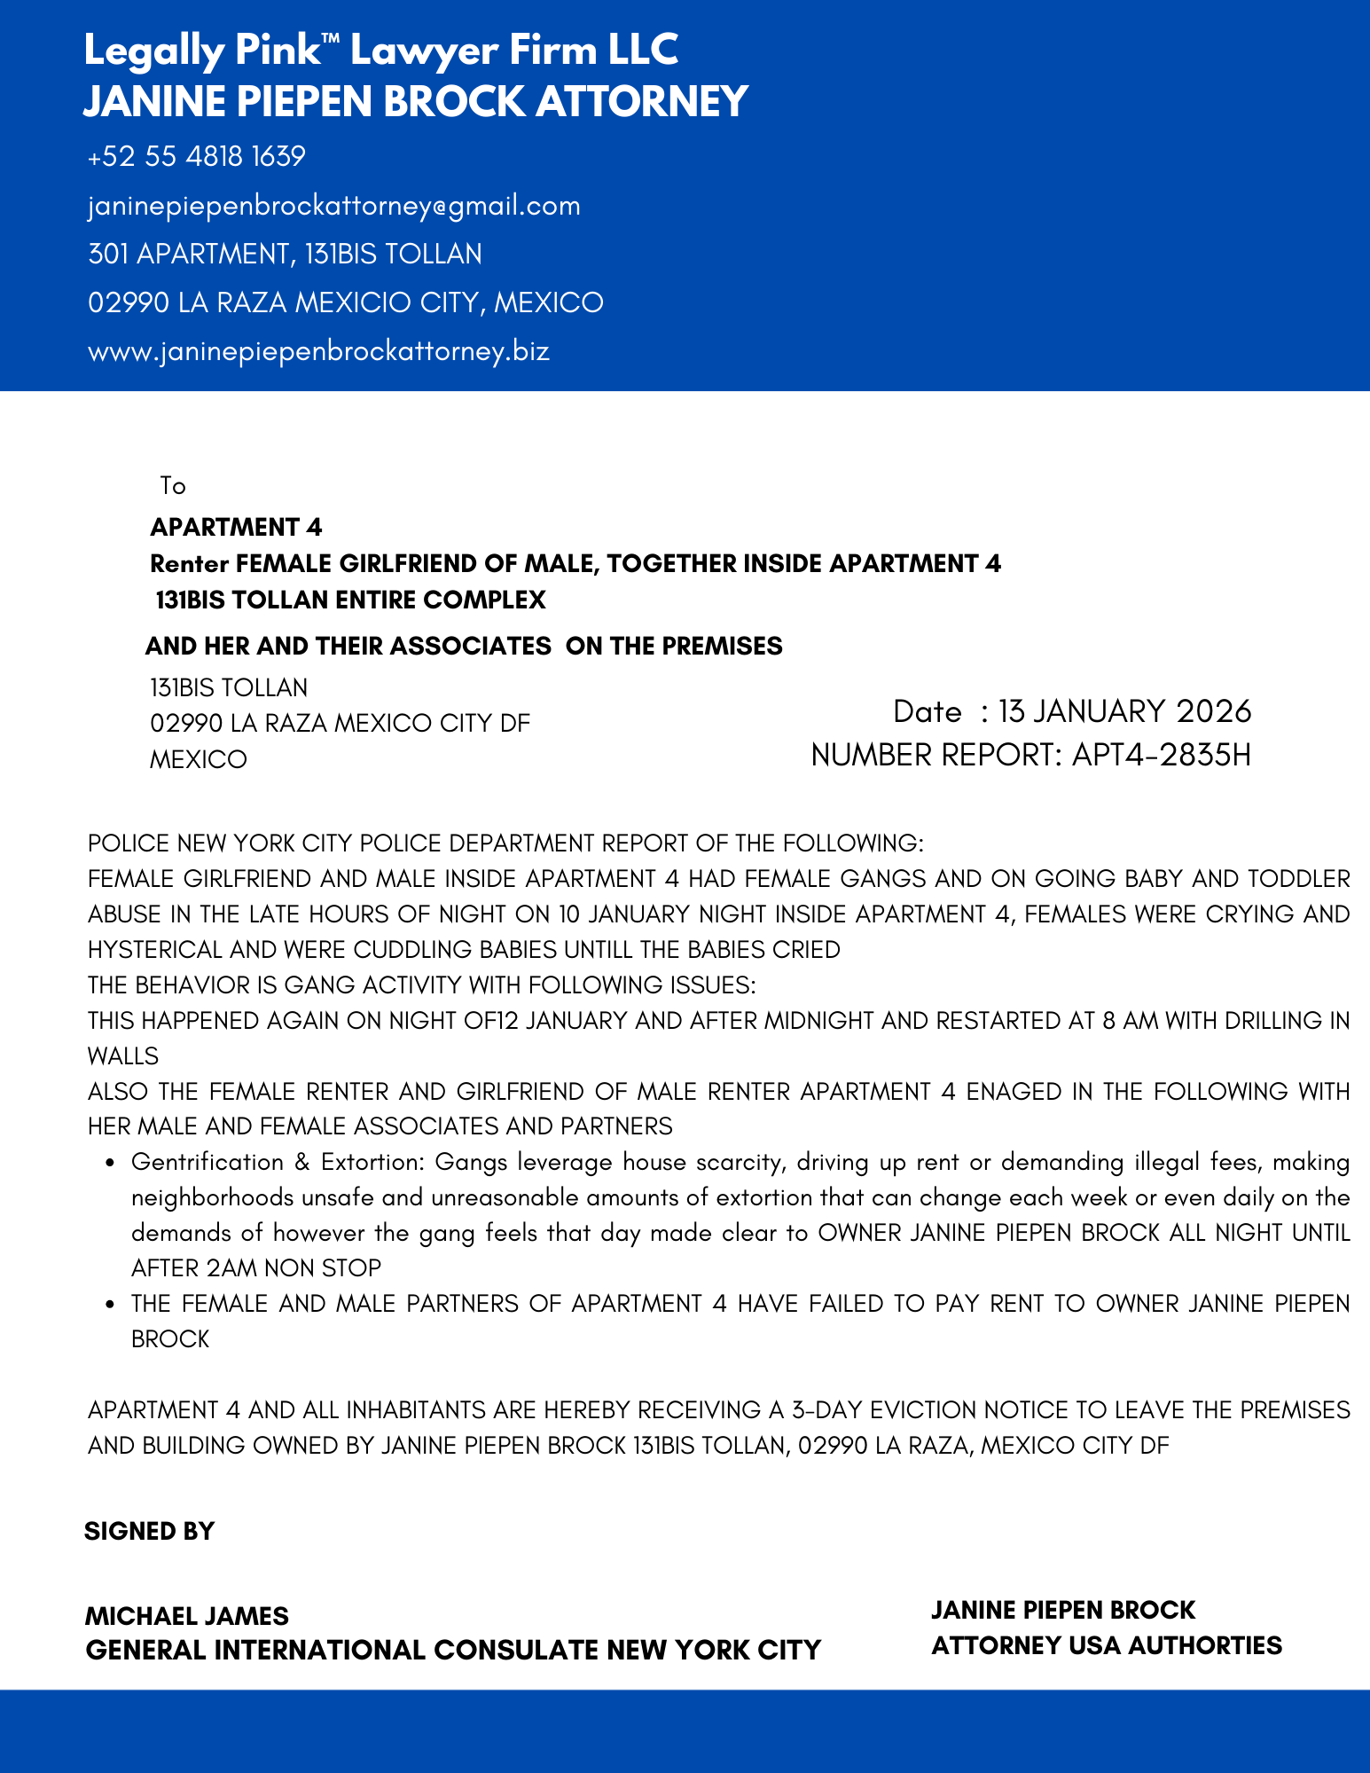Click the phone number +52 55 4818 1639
[x=197, y=157]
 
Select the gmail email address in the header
[x=334, y=206]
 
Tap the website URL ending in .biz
[x=319, y=351]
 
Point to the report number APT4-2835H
[x=1161, y=756]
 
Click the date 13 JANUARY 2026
[x=1124, y=711]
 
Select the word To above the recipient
[x=173, y=486]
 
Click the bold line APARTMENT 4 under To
[x=236, y=528]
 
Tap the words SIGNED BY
[x=150, y=1532]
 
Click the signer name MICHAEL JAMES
[x=187, y=1616]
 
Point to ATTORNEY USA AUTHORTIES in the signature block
[x=1107, y=1646]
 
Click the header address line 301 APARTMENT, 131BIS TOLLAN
[x=286, y=255]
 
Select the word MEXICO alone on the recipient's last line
[x=199, y=760]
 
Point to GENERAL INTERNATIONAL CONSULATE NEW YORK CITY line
[x=453, y=1651]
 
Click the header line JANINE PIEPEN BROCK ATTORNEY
[x=416, y=101]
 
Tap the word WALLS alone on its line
[x=123, y=1056]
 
